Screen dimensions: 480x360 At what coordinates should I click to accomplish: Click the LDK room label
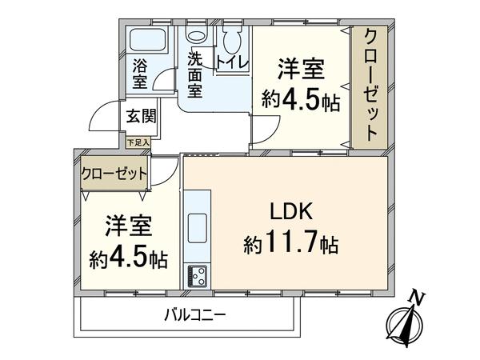(x=291, y=211)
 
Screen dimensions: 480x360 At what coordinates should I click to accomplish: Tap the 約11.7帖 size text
(x=291, y=242)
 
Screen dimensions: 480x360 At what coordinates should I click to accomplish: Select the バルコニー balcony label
(x=195, y=314)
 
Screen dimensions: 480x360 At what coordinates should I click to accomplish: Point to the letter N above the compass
(x=418, y=296)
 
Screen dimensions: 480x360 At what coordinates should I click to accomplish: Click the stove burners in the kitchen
(x=198, y=276)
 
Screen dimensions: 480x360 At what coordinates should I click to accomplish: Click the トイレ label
(x=232, y=62)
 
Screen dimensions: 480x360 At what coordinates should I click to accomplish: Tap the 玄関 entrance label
(x=142, y=116)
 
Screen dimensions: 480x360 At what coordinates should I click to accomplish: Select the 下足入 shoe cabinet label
(x=138, y=142)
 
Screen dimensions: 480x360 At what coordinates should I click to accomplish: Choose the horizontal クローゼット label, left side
(x=114, y=174)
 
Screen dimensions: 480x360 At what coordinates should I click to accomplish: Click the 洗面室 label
(x=194, y=74)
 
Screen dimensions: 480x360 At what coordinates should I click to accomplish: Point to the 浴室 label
(x=140, y=74)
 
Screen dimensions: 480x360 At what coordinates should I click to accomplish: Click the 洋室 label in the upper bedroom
(x=301, y=69)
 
